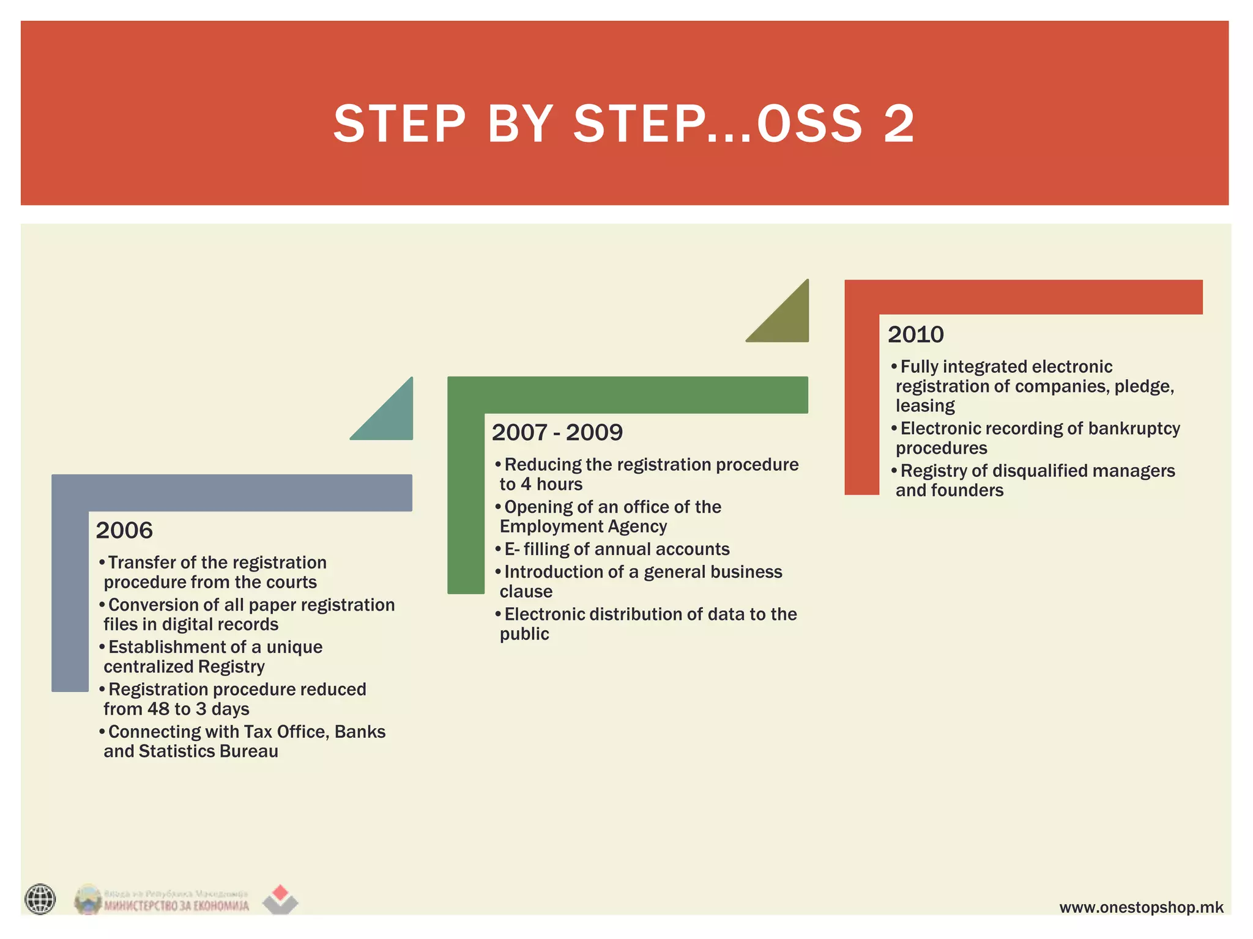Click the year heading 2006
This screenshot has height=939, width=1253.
(124, 530)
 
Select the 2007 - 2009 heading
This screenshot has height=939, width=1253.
(557, 432)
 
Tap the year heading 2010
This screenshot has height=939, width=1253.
(915, 334)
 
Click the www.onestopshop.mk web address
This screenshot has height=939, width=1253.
(1141, 907)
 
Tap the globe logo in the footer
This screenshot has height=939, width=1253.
(40, 899)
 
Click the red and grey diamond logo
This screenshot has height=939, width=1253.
(280, 899)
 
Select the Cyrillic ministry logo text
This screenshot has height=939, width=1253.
(176, 905)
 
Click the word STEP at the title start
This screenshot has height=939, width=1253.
(400, 124)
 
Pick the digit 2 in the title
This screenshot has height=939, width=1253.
(899, 124)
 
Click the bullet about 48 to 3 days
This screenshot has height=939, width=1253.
(235, 699)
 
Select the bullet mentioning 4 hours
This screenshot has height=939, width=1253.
(649, 474)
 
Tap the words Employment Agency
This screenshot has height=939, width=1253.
(582, 526)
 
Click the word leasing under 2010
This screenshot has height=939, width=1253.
(924, 406)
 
